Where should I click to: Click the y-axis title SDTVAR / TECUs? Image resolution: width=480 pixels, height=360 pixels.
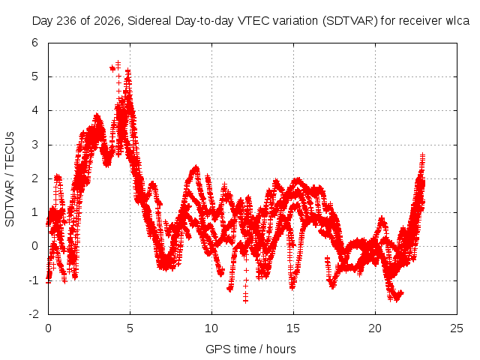tap(10, 179)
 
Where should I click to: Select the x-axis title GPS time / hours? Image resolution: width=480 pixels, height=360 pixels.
tap(250, 349)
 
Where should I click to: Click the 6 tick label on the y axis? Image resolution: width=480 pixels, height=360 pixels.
tap(34, 43)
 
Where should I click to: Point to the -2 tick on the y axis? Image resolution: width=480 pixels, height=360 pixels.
tap(34, 314)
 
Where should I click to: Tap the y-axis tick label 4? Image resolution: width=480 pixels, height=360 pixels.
tap(34, 110)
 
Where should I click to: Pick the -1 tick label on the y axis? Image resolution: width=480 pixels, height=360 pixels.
tap(34, 280)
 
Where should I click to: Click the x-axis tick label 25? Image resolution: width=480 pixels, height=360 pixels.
tap(457, 328)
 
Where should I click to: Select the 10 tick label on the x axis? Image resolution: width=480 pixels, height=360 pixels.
tap(211, 328)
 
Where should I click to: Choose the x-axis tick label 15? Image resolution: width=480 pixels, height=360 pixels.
tap(293, 328)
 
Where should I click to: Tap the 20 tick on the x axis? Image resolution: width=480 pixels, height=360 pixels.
tap(375, 328)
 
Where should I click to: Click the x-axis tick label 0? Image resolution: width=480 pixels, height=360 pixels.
tap(48, 328)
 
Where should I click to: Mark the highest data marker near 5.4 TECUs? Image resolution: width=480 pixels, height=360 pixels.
tap(118, 63)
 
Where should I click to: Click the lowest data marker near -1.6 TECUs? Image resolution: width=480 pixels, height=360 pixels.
tap(245, 301)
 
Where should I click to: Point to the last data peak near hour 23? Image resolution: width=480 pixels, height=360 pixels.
tap(423, 155)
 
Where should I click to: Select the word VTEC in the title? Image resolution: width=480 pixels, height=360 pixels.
tap(250, 21)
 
